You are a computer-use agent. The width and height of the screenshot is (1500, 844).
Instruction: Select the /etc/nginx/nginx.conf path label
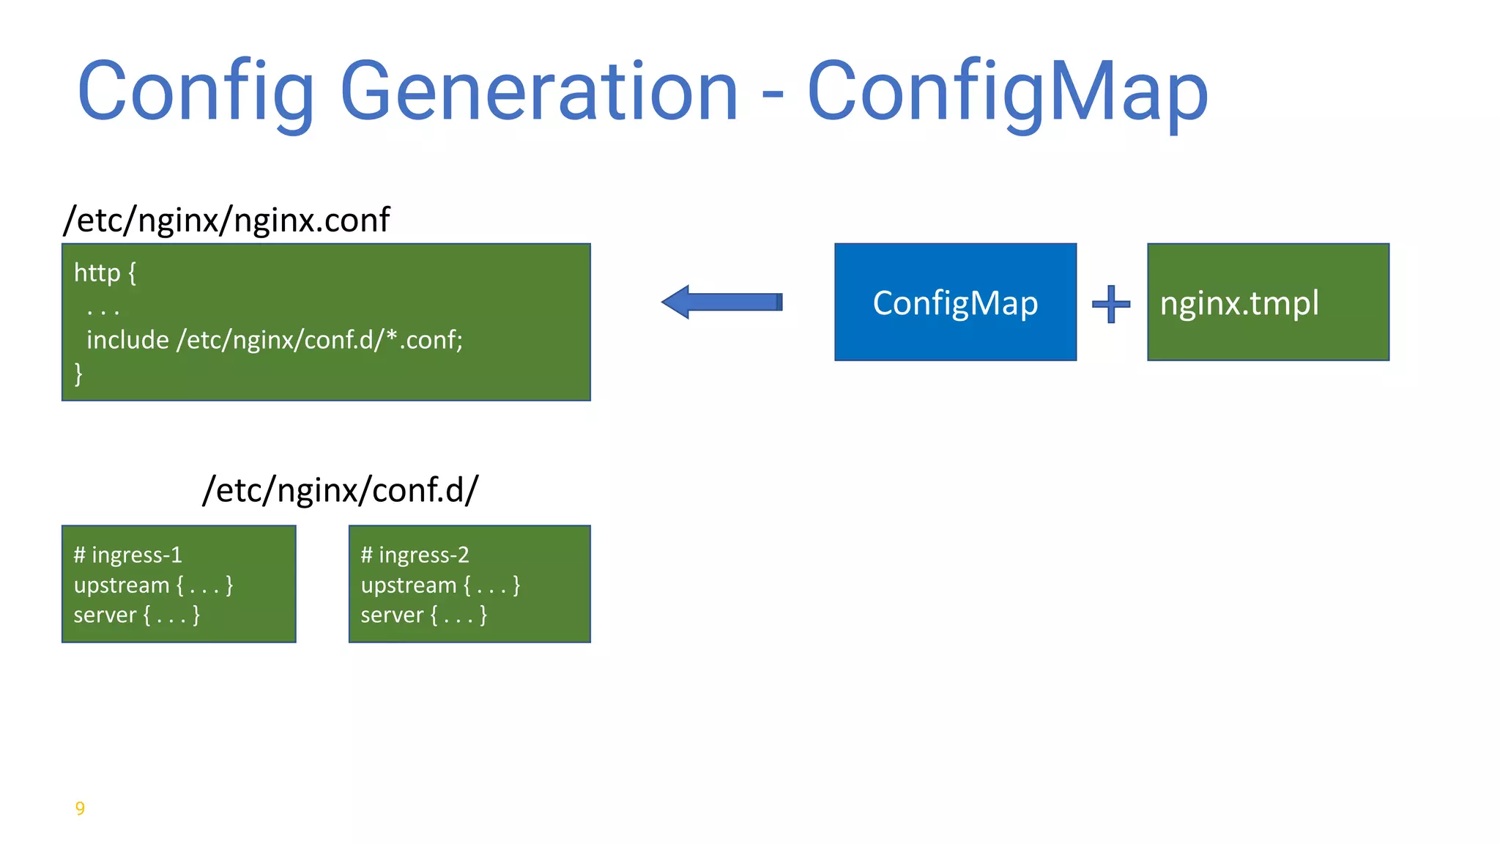point(226,220)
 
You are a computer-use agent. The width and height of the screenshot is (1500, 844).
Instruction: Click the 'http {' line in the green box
point(105,273)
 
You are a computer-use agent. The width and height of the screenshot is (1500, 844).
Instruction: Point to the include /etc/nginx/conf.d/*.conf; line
point(275,340)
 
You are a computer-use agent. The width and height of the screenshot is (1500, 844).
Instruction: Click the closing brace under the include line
point(78,374)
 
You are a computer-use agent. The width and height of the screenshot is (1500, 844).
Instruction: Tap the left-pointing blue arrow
point(721,302)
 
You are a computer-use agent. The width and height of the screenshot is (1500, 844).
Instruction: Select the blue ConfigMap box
point(955,303)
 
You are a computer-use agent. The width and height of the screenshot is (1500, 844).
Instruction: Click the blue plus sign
point(1111,303)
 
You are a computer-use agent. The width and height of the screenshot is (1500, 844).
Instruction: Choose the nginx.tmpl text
point(1239,303)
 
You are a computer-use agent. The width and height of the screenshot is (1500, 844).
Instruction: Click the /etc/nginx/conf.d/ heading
point(340,489)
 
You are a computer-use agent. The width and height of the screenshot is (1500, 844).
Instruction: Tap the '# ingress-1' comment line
point(127,555)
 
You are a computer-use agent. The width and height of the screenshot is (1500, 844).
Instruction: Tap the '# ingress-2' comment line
point(415,555)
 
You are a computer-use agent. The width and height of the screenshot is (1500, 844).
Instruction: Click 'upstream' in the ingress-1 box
point(122,585)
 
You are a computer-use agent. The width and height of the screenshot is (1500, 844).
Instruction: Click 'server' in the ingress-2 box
point(392,615)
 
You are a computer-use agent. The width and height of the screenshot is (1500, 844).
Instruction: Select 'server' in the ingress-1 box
point(105,615)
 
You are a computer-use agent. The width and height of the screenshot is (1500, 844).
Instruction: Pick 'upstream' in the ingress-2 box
point(409,585)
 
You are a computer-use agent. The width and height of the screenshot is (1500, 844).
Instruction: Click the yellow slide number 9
point(80,808)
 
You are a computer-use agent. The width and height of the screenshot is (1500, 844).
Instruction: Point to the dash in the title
point(773,95)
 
